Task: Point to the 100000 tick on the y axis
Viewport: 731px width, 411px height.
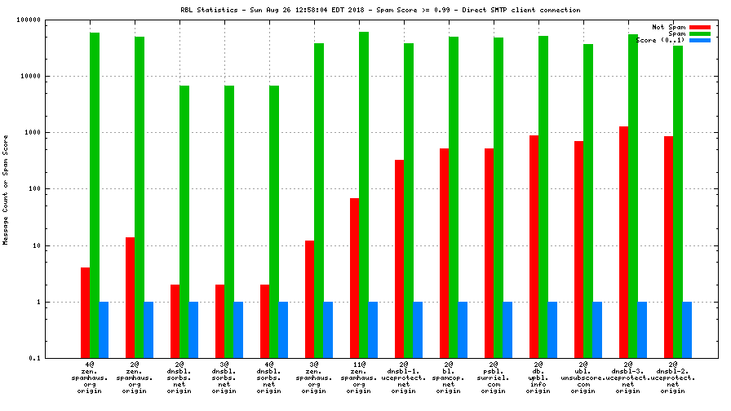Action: point(32,20)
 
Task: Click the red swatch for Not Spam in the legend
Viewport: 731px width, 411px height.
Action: point(700,27)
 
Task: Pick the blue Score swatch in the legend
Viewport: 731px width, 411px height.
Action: point(700,40)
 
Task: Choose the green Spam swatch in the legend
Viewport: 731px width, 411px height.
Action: point(700,33)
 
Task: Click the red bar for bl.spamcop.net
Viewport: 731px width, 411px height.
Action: point(444,253)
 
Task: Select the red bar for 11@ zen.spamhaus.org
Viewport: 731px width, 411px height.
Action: point(354,277)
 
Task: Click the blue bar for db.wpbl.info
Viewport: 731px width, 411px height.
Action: point(552,329)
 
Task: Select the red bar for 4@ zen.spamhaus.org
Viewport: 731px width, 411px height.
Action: point(85,312)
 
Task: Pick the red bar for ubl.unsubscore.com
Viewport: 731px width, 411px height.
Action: point(578,250)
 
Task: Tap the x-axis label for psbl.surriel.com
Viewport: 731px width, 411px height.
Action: point(493,377)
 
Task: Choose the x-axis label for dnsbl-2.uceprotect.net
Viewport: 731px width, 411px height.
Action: point(672,377)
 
